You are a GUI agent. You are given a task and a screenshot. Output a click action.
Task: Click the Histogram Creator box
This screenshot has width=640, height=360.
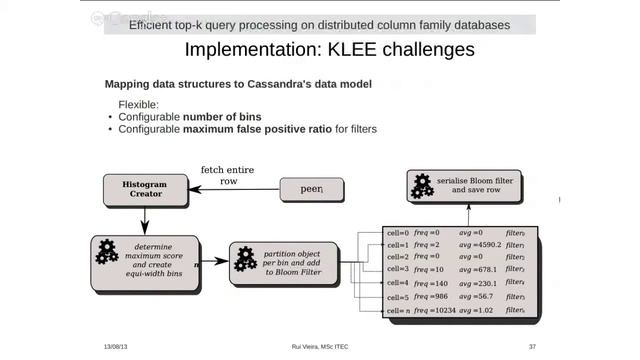pyautogui.click(x=145, y=190)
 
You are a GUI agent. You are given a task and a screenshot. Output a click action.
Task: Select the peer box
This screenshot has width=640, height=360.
pyautogui.click(x=313, y=188)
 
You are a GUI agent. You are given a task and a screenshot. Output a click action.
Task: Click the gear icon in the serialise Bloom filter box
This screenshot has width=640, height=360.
pyautogui.click(x=424, y=185)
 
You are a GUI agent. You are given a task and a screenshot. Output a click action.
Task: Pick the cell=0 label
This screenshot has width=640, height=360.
pyautogui.click(x=398, y=232)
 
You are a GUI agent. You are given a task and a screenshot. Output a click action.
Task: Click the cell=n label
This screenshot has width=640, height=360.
pyautogui.click(x=398, y=310)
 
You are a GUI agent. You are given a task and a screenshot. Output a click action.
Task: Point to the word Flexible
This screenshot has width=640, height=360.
pyautogui.click(x=141, y=103)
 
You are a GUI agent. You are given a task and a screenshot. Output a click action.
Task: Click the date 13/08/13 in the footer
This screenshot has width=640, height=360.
pyautogui.click(x=116, y=346)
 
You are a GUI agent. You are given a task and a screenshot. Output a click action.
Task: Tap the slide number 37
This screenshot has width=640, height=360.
pyautogui.click(x=532, y=346)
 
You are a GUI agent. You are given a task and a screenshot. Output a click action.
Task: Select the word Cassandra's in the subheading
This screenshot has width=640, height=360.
pyautogui.click(x=278, y=83)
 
